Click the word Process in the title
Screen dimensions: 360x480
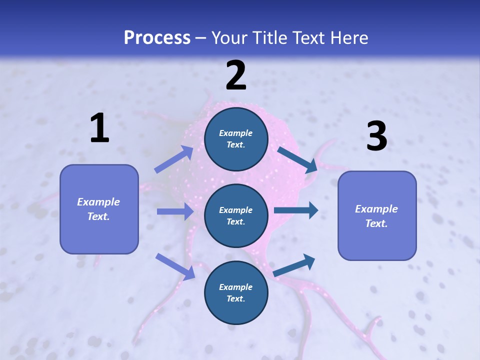click(157, 37)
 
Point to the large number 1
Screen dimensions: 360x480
click(99, 128)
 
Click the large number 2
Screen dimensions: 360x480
click(236, 75)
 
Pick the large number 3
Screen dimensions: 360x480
click(376, 136)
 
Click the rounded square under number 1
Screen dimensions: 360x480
click(99, 209)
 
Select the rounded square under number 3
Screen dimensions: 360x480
click(377, 215)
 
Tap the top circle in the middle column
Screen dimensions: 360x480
click(236, 139)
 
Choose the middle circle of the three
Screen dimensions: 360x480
click(236, 215)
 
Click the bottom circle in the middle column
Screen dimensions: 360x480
click(236, 292)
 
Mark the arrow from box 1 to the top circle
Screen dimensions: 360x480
click(174, 159)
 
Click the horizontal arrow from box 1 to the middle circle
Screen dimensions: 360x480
click(175, 211)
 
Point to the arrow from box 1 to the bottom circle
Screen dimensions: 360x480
click(175, 266)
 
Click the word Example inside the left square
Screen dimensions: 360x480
click(98, 202)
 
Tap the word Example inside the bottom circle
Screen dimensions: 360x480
click(235, 287)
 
